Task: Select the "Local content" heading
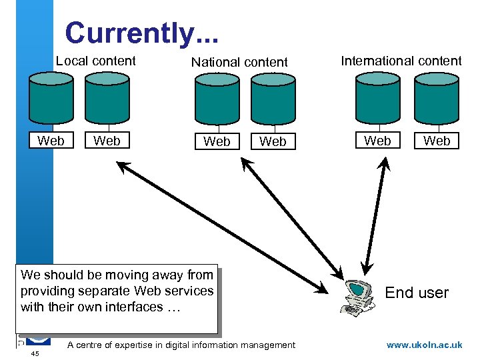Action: [x=96, y=61]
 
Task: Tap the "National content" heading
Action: [x=239, y=63]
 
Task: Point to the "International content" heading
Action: [x=401, y=61]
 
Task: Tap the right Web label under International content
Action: [x=437, y=141]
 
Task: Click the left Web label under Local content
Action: [x=51, y=141]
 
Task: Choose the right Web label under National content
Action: [x=272, y=141]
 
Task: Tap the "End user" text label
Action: [x=417, y=293]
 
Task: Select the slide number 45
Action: [x=35, y=353]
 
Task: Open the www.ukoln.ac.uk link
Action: [x=424, y=345]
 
